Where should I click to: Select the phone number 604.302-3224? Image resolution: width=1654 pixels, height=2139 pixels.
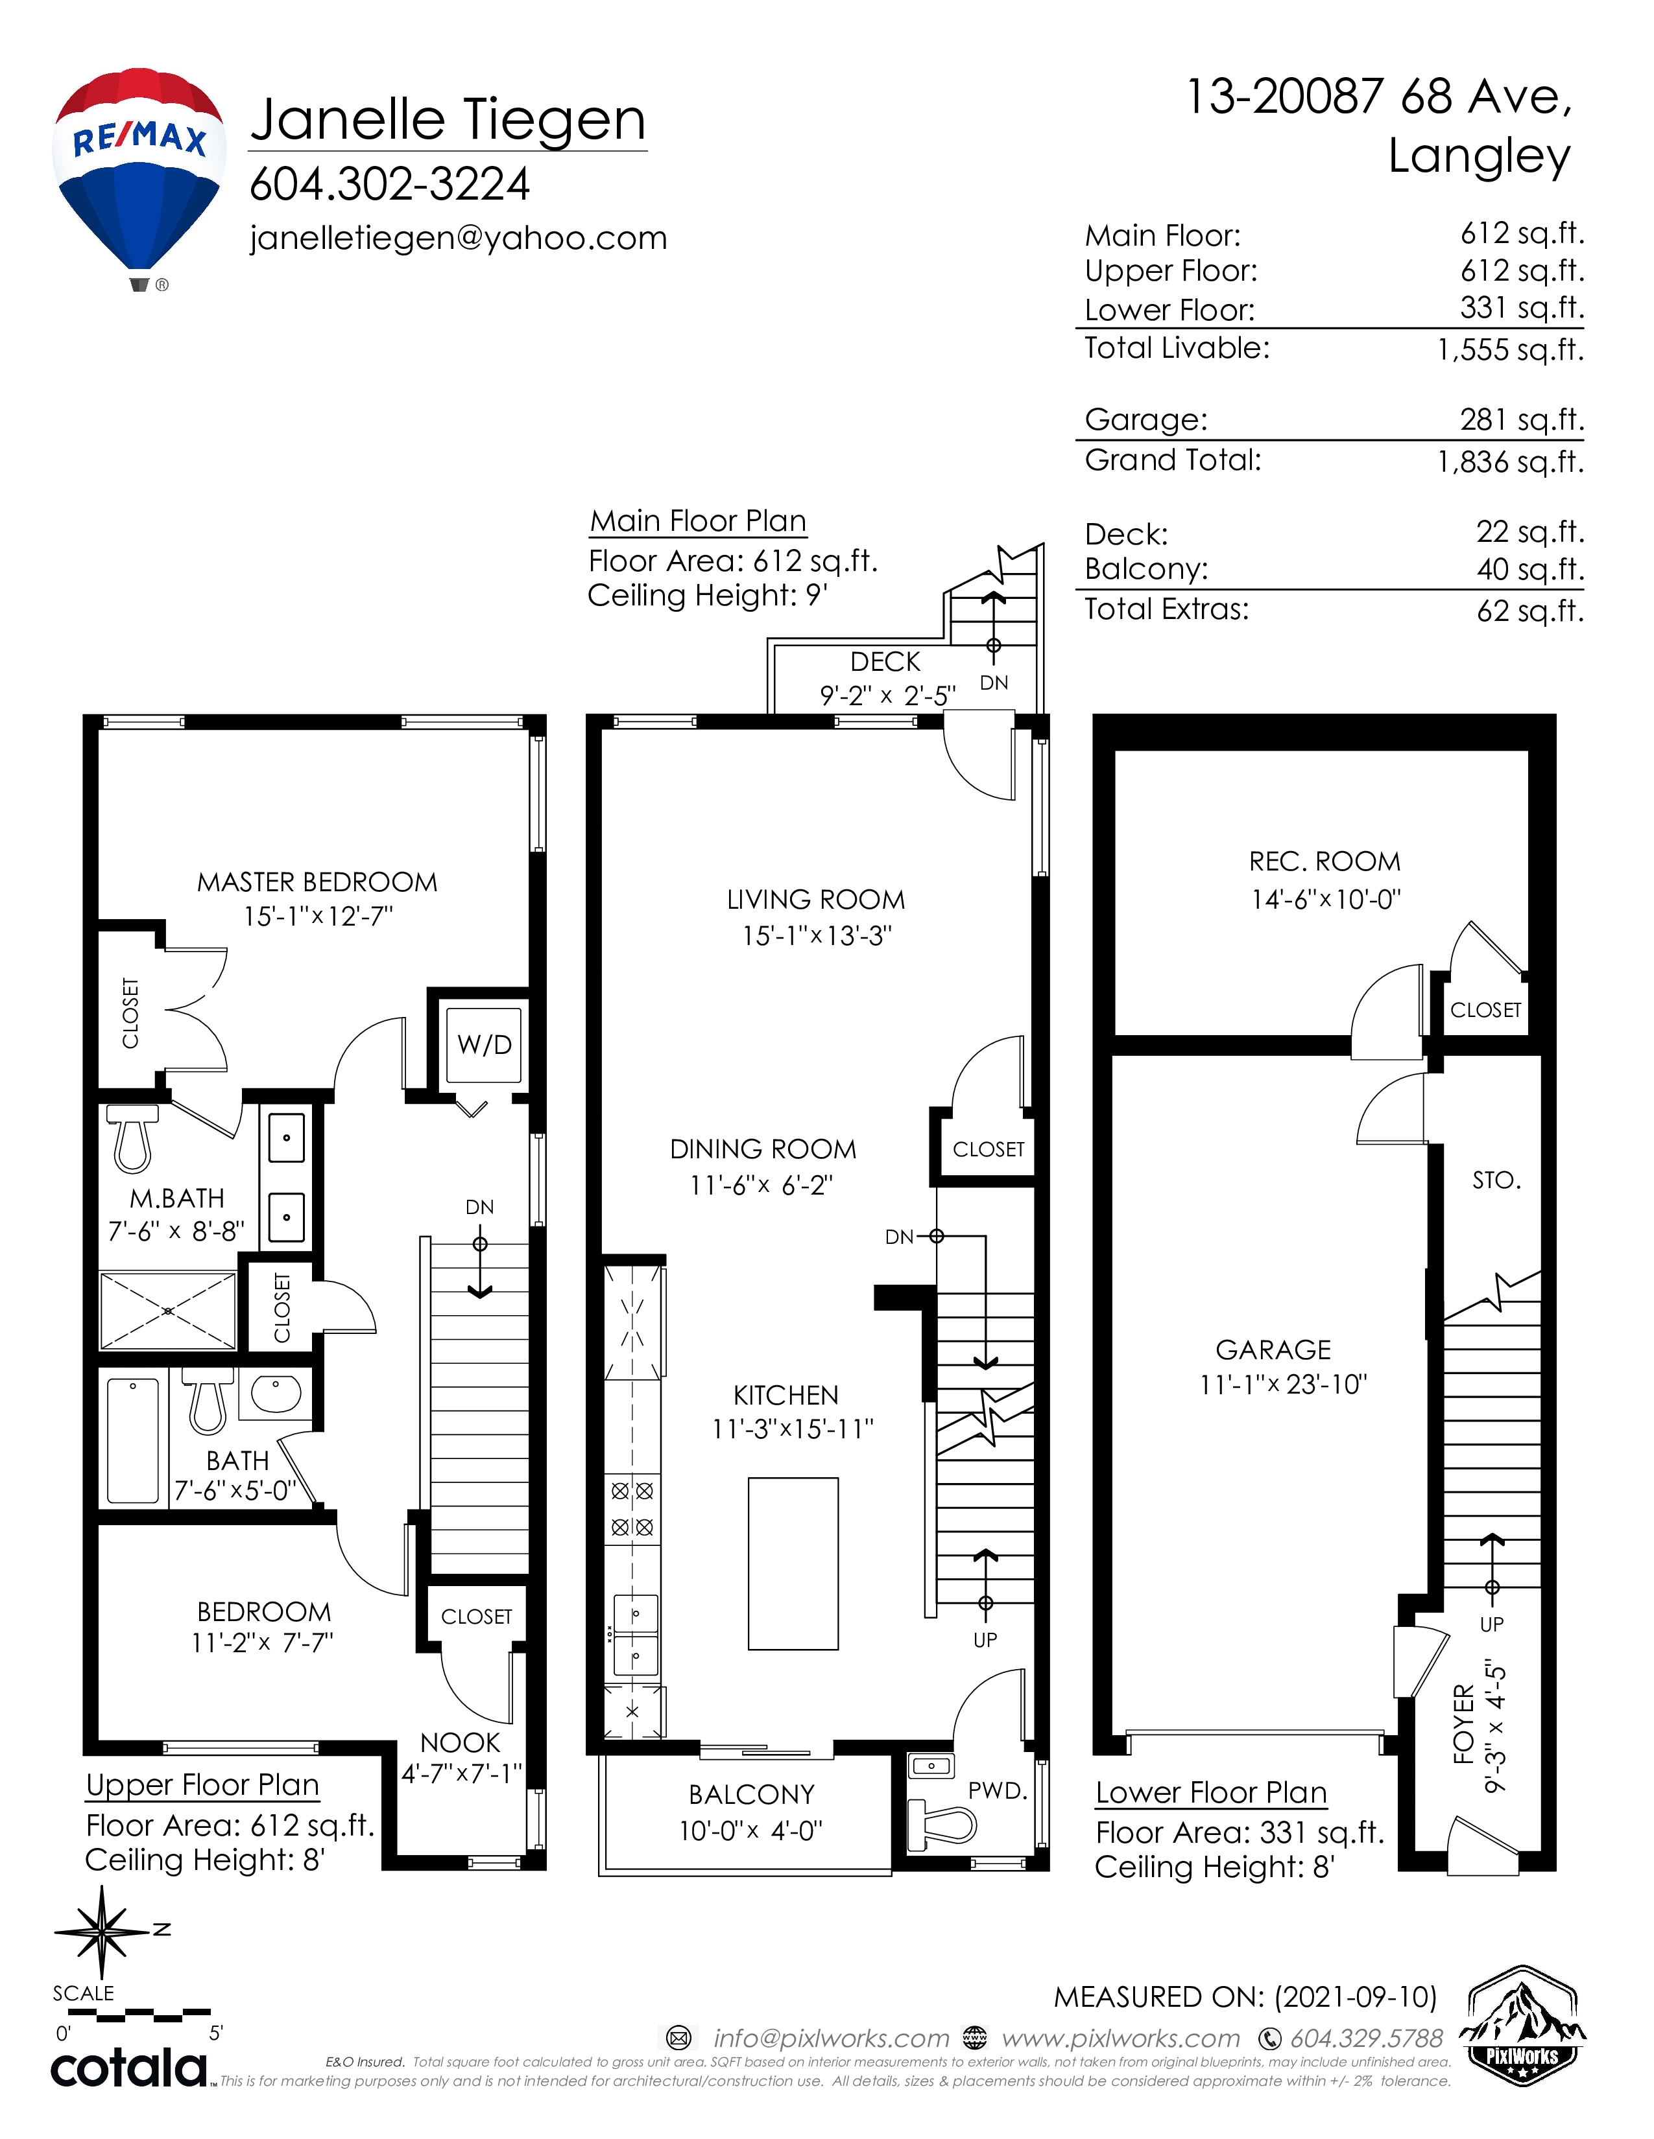[390, 183]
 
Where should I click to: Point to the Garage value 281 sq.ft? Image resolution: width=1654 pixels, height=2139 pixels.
[1522, 419]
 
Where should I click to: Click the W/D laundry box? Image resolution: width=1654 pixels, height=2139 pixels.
[484, 1044]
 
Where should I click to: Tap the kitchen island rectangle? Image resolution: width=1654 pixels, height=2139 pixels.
[793, 1564]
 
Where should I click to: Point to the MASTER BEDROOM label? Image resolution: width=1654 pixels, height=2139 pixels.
[317, 882]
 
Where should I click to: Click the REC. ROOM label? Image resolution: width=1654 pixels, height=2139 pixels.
[1324, 862]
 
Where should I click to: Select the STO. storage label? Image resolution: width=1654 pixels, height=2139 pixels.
[1496, 1180]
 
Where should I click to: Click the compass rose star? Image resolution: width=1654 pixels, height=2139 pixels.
[102, 1932]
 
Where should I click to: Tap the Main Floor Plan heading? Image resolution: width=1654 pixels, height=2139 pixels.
[698, 521]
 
